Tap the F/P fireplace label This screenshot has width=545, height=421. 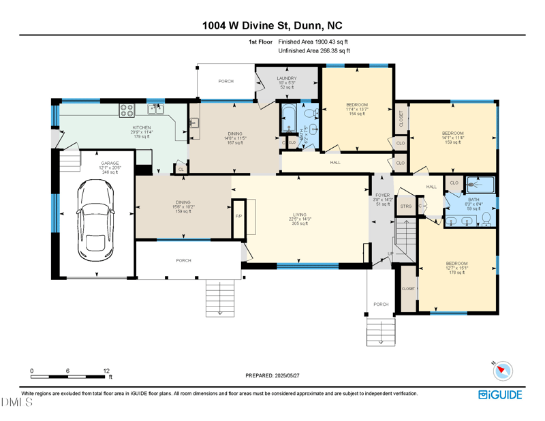238,216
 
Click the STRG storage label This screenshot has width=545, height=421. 406,206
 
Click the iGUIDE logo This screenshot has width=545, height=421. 501,394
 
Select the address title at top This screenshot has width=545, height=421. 272,26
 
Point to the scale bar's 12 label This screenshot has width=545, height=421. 107,371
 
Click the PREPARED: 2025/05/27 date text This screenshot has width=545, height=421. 272,375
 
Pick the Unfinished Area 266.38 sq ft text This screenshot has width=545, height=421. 315,50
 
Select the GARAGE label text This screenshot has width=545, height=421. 110,163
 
